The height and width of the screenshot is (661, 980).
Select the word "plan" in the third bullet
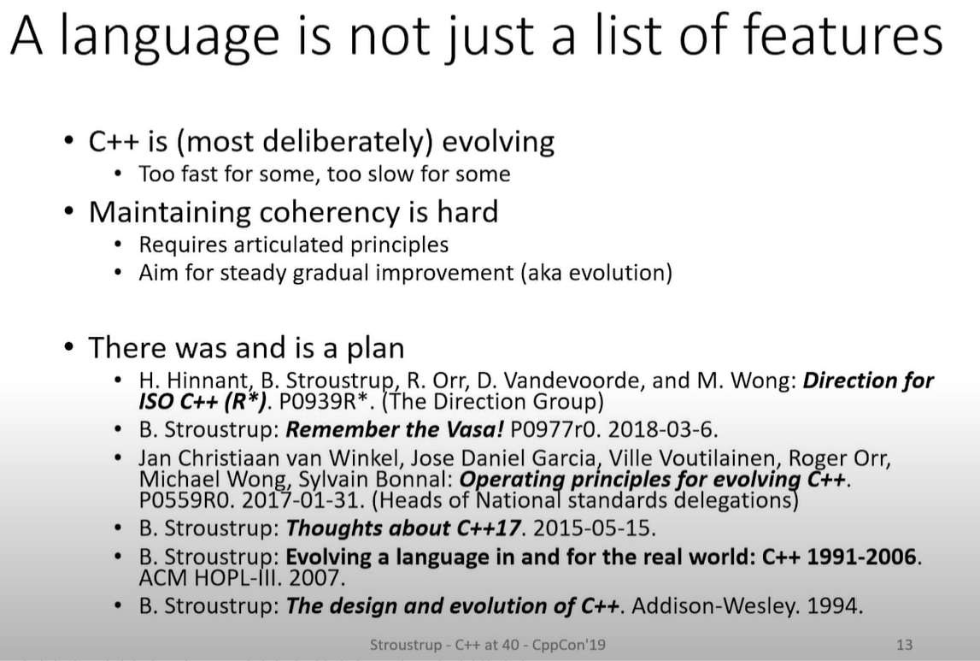coord(373,348)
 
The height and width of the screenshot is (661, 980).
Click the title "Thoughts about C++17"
coord(402,528)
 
